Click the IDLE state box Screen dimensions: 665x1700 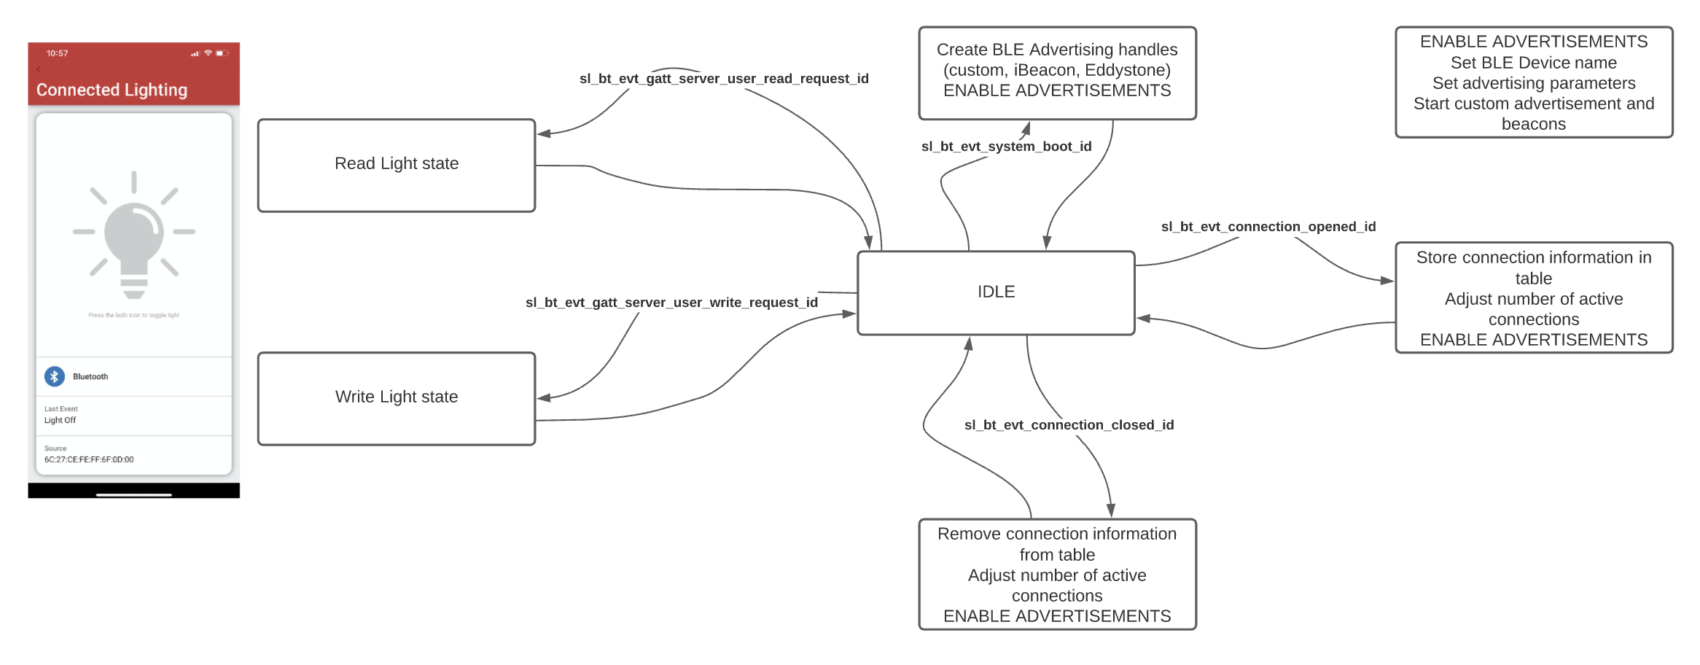996,292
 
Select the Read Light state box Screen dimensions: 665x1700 397,165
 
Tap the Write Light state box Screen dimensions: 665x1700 397,398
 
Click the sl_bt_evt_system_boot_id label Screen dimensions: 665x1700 1006,147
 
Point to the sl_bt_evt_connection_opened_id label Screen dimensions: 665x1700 1268,227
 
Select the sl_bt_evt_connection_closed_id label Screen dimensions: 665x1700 1069,425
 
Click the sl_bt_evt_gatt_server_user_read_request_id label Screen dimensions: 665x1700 723,79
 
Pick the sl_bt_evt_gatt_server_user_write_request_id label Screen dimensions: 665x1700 671,303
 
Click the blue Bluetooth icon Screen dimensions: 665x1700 55,376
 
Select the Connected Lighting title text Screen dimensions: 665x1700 112,90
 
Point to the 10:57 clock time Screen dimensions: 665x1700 57,53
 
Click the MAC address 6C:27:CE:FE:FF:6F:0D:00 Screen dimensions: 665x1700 89,460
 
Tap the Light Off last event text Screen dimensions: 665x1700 60,421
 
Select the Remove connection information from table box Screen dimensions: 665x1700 1056,575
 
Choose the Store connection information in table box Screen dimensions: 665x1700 1533,298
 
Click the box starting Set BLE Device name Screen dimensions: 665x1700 1533,82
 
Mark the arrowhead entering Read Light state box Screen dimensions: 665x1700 542,133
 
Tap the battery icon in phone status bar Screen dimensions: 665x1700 221,53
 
